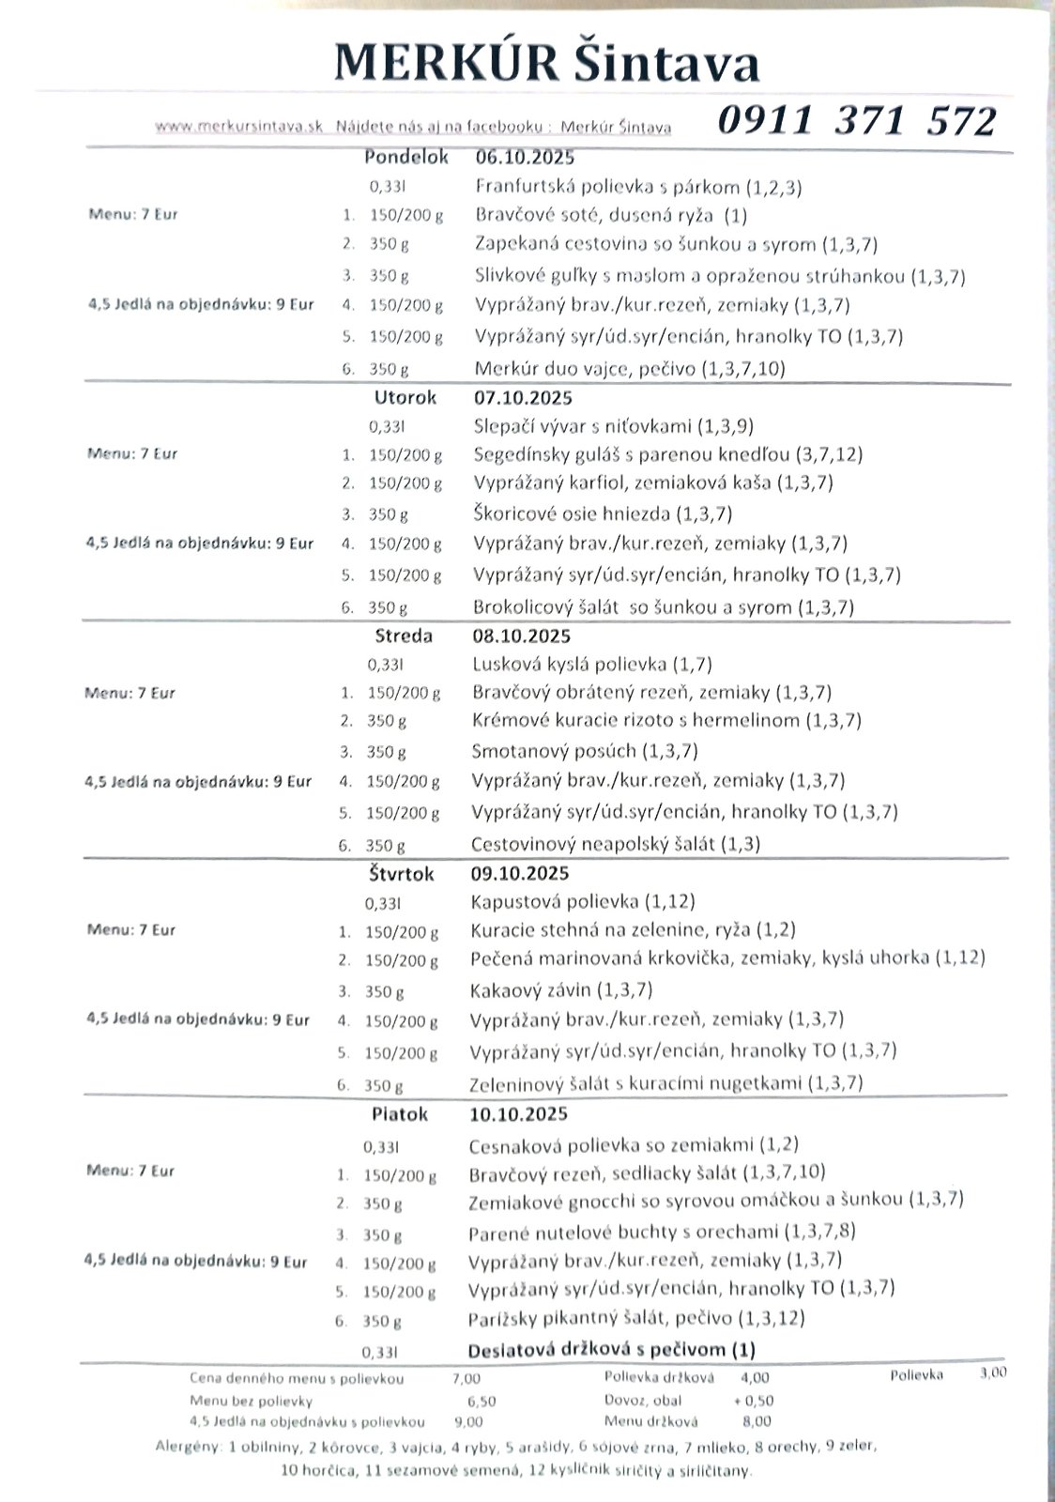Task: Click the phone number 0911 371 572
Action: (x=856, y=120)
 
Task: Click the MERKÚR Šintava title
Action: (x=547, y=64)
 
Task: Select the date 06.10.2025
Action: (x=525, y=157)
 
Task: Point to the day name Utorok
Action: (x=405, y=397)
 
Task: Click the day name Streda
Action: (x=404, y=636)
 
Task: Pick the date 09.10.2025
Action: (x=520, y=873)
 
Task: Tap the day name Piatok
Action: (x=400, y=1114)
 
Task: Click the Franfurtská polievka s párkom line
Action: (x=638, y=186)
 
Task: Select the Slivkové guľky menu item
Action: (x=720, y=276)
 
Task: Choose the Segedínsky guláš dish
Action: (x=668, y=454)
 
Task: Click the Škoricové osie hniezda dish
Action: (x=603, y=513)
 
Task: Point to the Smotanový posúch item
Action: (x=584, y=751)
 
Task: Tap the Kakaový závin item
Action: (x=560, y=989)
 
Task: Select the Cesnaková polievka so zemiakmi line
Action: (x=633, y=1144)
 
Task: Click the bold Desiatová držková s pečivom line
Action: (x=611, y=1350)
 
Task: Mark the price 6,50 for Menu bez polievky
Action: (x=482, y=1401)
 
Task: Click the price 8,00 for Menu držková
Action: (x=757, y=1421)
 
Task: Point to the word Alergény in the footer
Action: (x=186, y=1447)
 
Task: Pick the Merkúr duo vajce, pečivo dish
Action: (x=630, y=368)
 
